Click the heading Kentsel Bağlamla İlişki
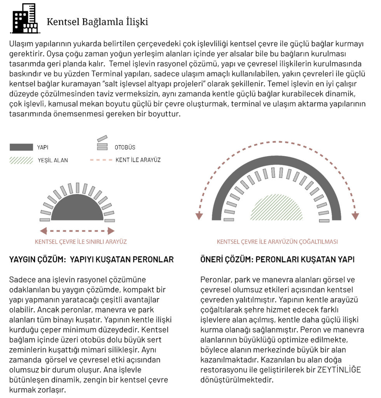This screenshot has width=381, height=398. [x=97, y=22]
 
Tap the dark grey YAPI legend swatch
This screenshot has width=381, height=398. [x=21, y=147]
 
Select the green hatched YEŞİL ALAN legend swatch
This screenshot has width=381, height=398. [x=21, y=160]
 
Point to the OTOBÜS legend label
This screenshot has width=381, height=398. [x=125, y=147]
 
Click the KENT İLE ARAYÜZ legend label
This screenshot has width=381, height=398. [x=138, y=160]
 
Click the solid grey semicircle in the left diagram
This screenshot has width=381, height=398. [x=77, y=209]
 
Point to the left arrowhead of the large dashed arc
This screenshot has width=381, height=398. [x=199, y=216]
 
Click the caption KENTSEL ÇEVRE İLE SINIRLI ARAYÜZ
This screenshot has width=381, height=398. [x=81, y=242]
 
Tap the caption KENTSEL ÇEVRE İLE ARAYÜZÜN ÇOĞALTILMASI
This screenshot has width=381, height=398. [x=277, y=242]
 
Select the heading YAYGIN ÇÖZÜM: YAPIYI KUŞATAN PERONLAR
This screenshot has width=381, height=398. [x=91, y=259]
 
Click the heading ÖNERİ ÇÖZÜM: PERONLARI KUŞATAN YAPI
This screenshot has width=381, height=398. [x=277, y=259]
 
